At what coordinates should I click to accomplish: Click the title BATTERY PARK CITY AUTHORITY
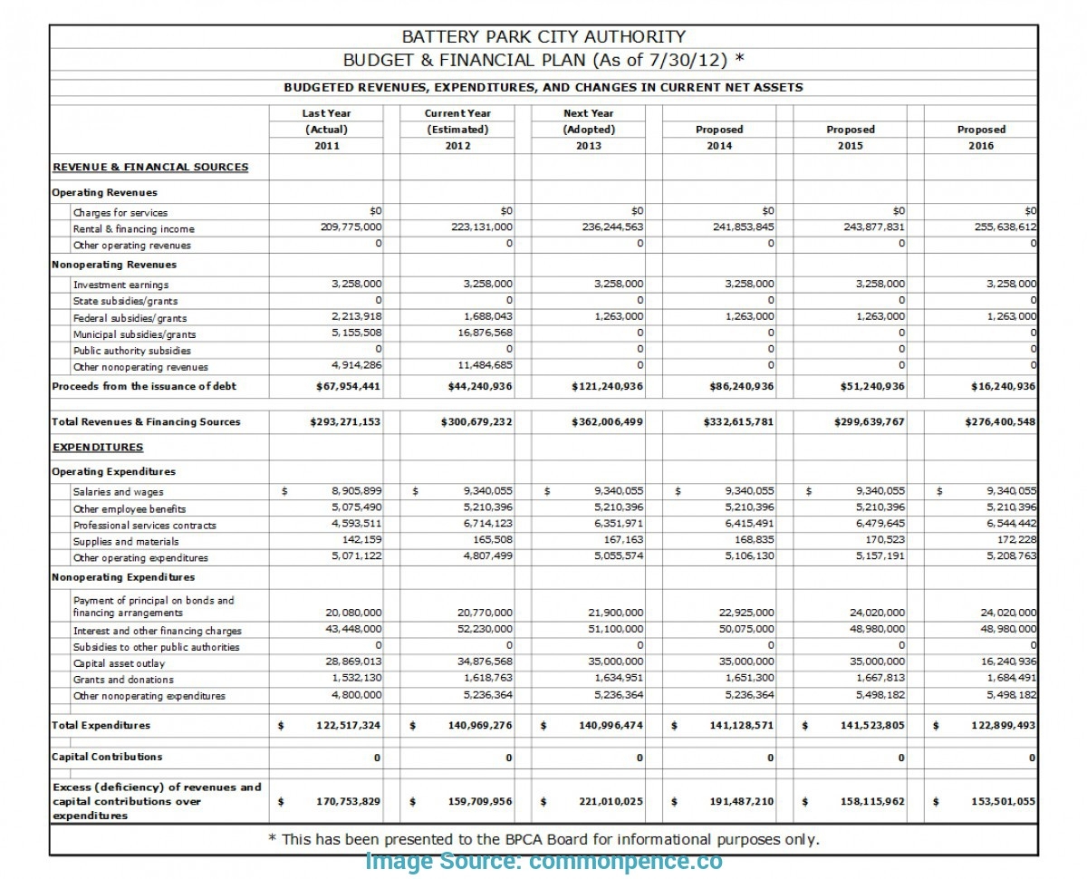tap(543, 37)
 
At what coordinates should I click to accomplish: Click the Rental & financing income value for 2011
tap(351, 227)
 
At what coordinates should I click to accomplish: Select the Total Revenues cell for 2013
tap(608, 421)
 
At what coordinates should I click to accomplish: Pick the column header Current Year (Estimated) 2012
tap(457, 130)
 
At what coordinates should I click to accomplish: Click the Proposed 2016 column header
tap(981, 137)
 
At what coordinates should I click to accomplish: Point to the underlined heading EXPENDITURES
tap(97, 447)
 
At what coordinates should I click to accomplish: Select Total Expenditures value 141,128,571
tap(736, 725)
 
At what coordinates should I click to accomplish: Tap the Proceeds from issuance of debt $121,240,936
tap(608, 386)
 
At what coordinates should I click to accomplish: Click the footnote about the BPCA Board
tap(543, 839)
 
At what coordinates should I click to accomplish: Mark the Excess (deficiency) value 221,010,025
tap(611, 801)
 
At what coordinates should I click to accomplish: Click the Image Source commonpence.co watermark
tap(543, 862)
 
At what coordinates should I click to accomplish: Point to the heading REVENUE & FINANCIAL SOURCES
tap(149, 167)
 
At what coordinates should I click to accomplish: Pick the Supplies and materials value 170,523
tap(880, 541)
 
